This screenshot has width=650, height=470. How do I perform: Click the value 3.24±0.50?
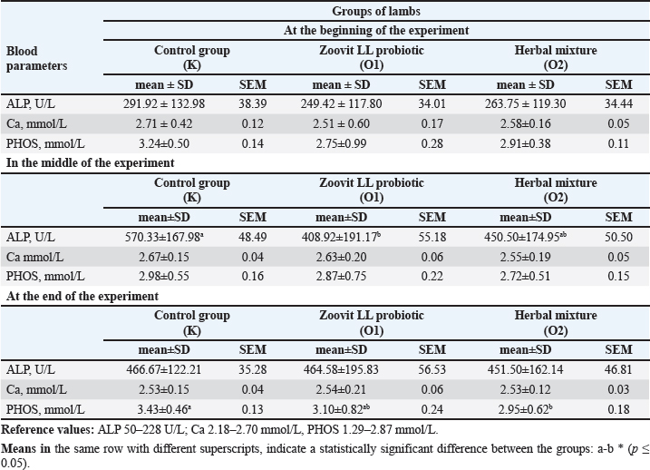[191, 142]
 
